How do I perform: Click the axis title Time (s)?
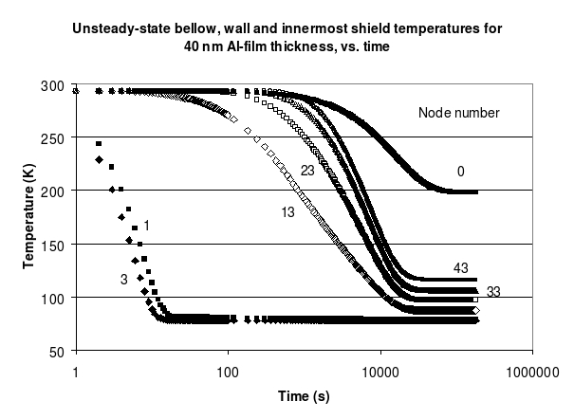[x=303, y=392]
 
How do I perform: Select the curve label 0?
[x=460, y=172]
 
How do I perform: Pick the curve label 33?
[x=493, y=291]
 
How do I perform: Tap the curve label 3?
[x=123, y=279]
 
